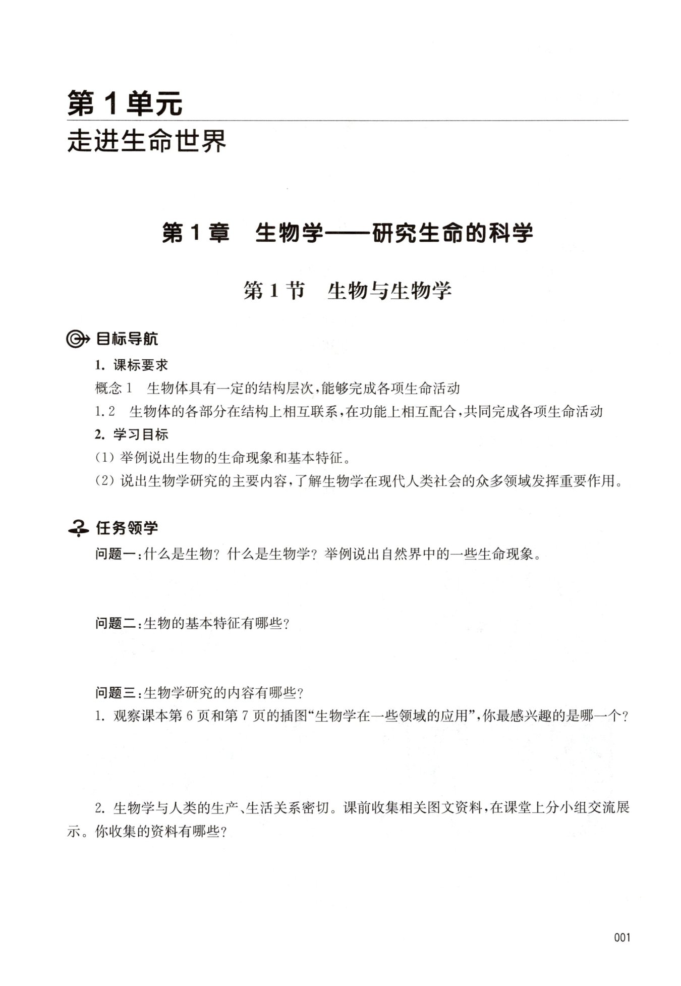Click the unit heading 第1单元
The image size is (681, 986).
125,103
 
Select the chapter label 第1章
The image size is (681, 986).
195,233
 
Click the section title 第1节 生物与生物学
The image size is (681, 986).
347,291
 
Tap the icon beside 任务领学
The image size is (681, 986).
78,528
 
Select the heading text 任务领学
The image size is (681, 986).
127,528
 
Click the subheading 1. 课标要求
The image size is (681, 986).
132,365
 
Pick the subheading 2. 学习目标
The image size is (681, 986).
132,434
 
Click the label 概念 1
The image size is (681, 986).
113,389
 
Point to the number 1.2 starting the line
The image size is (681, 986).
105,412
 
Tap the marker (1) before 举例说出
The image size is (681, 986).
105,458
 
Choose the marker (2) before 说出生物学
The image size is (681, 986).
105,481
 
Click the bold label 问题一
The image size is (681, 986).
118,555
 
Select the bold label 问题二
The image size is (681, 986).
118,624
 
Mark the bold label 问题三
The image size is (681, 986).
118,693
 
